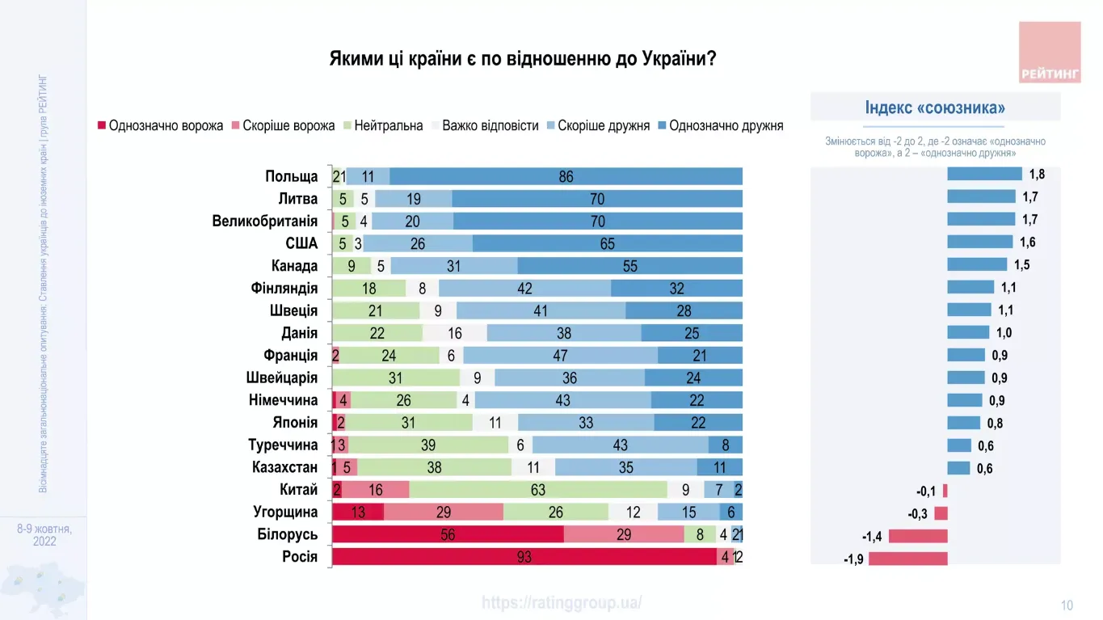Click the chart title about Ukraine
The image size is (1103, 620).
(x=522, y=59)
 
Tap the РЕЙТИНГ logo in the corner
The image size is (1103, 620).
(x=1049, y=53)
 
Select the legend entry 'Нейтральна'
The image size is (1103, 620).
(x=387, y=126)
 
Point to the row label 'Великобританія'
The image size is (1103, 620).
(x=265, y=221)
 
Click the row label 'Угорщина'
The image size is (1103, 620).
(x=285, y=512)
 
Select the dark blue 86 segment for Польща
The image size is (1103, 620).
(x=566, y=176)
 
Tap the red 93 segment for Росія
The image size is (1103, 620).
(x=524, y=557)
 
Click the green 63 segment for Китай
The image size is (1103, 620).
(x=538, y=490)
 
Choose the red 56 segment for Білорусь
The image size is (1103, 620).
(x=448, y=534)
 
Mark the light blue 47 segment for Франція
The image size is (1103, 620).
(x=560, y=356)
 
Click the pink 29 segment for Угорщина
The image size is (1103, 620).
(x=443, y=512)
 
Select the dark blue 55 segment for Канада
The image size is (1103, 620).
(x=629, y=266)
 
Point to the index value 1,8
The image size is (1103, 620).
(x=1037, y=174)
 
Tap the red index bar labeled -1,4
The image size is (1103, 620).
(x=918, y=536)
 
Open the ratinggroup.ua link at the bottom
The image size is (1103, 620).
(x=562, y=603)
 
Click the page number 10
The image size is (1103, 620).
(x=1067, y=605)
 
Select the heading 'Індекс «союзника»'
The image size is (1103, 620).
(x=935, y=108)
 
